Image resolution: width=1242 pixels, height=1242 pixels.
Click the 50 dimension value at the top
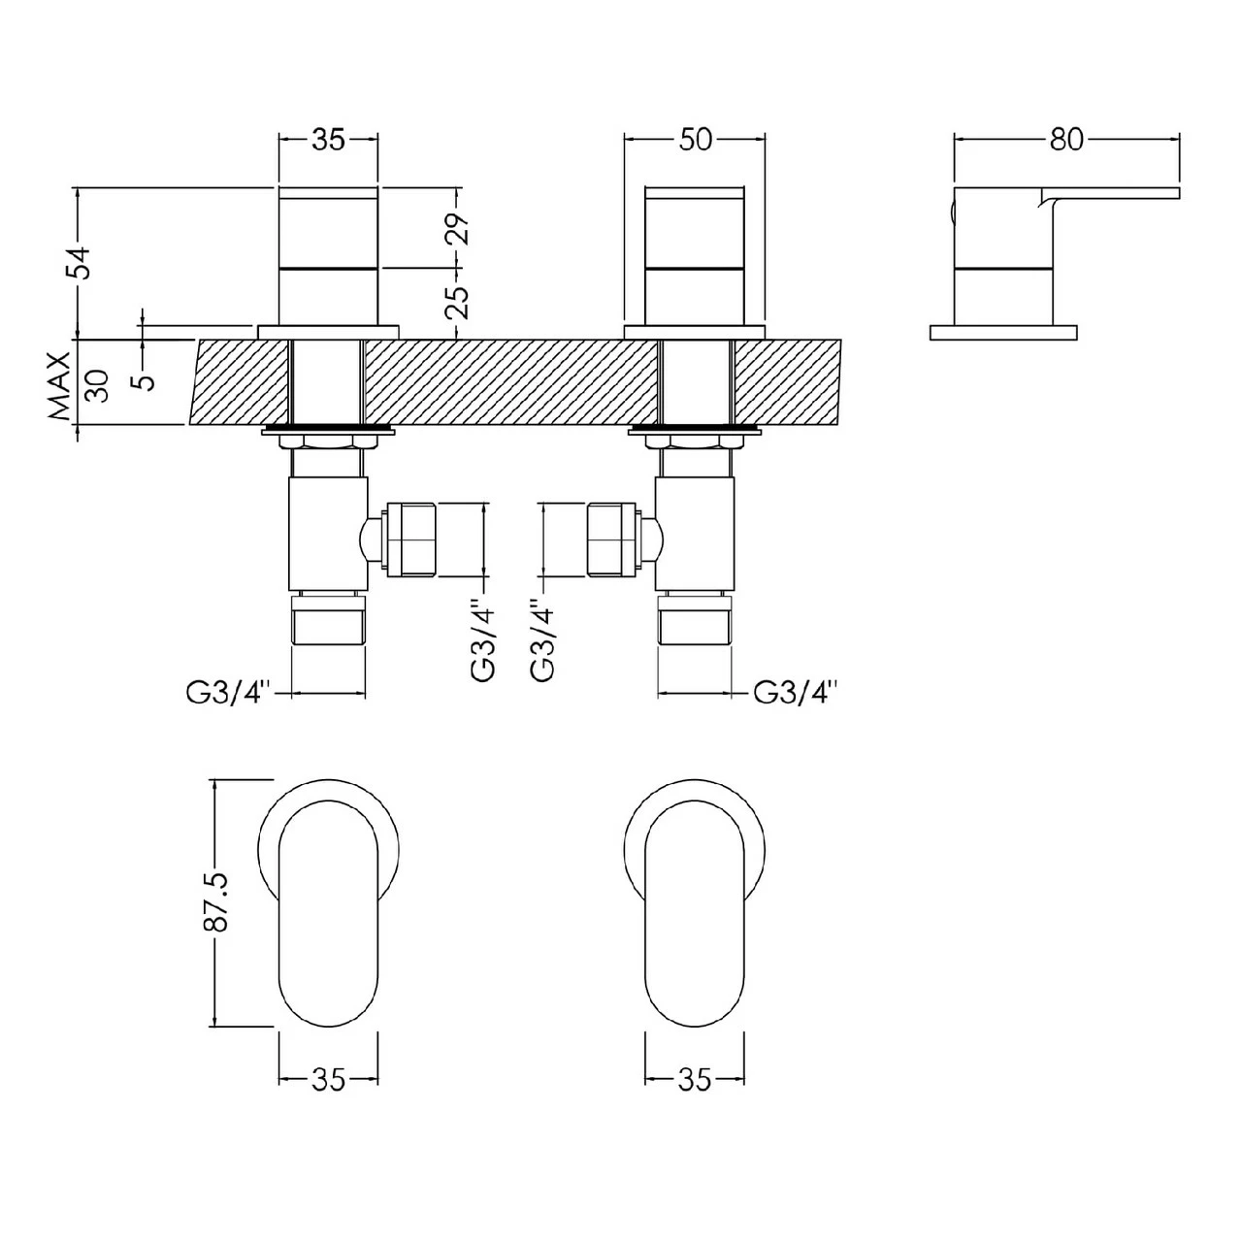tap(696, 140)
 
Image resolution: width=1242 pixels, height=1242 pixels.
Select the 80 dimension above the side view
tap(1065, 140)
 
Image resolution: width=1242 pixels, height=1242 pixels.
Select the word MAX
tap(60, 385)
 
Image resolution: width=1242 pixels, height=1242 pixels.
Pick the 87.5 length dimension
tap(214, 901)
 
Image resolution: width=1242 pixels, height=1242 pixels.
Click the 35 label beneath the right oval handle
tap(695, 1080)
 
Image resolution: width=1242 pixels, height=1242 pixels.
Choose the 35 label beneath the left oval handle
tap(328, 1080)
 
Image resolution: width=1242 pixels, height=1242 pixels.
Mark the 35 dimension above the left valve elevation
tap(328, 140)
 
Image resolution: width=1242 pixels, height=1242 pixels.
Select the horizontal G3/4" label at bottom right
tap(796, 693)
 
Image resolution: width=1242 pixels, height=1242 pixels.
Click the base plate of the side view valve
tap(1003, 332)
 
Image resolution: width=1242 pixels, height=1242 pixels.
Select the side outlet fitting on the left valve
tap(412, 539)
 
